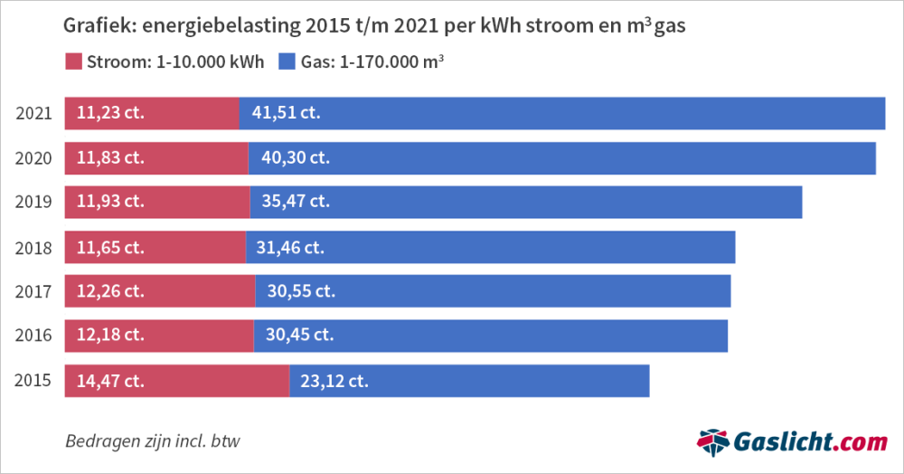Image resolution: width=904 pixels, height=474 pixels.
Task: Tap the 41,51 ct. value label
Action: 286,113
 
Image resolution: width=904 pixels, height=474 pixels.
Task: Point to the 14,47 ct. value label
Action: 110,381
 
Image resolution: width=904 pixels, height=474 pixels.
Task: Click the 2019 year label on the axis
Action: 33,202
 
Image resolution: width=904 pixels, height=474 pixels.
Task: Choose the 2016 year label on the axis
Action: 33,336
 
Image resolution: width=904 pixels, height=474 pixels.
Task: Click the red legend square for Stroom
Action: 72,62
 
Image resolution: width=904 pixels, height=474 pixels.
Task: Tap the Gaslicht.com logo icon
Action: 714,442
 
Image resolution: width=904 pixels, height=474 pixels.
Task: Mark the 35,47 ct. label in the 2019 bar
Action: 296,202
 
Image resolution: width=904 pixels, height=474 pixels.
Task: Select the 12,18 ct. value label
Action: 110,336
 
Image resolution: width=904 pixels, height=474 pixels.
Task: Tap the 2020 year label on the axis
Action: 33,158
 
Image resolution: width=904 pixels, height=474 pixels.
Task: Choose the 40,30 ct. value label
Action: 296,158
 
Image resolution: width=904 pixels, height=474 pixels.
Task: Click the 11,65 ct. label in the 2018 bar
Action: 110,247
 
